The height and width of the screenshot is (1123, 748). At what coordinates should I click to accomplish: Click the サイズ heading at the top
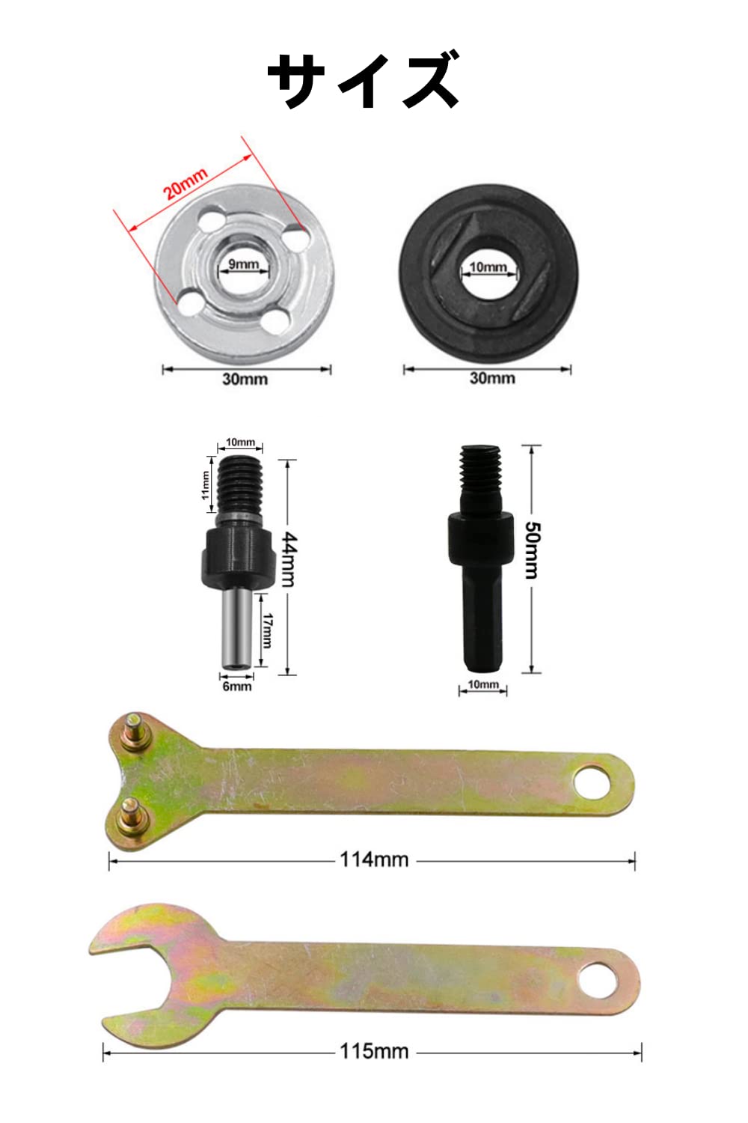coord(364,80)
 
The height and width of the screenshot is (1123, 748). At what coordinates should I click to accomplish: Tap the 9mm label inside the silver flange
coord(244,264)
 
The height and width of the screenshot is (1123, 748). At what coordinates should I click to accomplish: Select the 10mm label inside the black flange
coord(488,267)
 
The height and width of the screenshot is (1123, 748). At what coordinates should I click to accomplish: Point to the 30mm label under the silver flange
coord(245,379)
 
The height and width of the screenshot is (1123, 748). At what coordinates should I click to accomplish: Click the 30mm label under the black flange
coord(492,378)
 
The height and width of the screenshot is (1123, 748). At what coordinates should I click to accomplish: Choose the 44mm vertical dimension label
coord(289,559)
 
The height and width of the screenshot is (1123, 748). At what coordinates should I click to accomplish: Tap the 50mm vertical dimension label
coord(532,550)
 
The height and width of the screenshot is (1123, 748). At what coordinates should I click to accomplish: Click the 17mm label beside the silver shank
coord(267,630)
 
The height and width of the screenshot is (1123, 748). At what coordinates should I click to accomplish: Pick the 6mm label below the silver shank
coord(237,687)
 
